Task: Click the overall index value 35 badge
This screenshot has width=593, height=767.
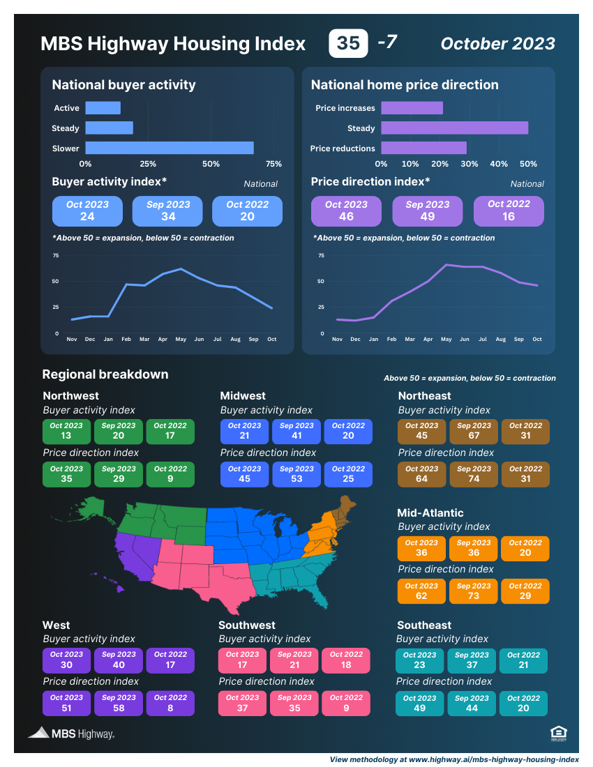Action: (x=348, y=43)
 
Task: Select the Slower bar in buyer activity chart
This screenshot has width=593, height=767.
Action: (x=170, y=148)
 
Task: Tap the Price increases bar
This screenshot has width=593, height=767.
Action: (x=412, y=108)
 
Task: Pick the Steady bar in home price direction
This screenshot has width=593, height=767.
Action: (x=454, y=128)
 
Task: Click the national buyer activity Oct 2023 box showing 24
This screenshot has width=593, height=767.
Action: (x=87, y=211)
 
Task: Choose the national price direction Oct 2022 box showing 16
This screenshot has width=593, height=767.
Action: (x=509, y=211)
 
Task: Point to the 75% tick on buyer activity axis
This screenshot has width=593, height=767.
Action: (x=273, y=164)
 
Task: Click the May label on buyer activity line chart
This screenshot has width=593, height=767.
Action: (x=181, y=339)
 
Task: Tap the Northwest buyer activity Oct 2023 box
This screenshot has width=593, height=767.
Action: (x=66, y=432)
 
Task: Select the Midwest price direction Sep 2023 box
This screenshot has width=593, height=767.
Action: (x=296, y=474)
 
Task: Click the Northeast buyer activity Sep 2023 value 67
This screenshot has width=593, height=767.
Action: (x=474, y=436)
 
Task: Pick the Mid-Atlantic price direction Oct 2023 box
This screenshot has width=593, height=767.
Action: (x=421, y=591)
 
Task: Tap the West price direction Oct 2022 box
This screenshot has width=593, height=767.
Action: (x=170, y=703)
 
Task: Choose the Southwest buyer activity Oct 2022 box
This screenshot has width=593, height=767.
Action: (x=346, y=660)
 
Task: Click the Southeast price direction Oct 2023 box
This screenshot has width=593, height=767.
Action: (x=419, y=703)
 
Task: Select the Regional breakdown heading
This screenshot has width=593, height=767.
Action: (x=105, y=374)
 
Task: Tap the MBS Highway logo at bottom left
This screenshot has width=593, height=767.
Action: (x=71, y=733)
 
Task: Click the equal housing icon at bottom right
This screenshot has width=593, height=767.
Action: (x=557, y=732)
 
